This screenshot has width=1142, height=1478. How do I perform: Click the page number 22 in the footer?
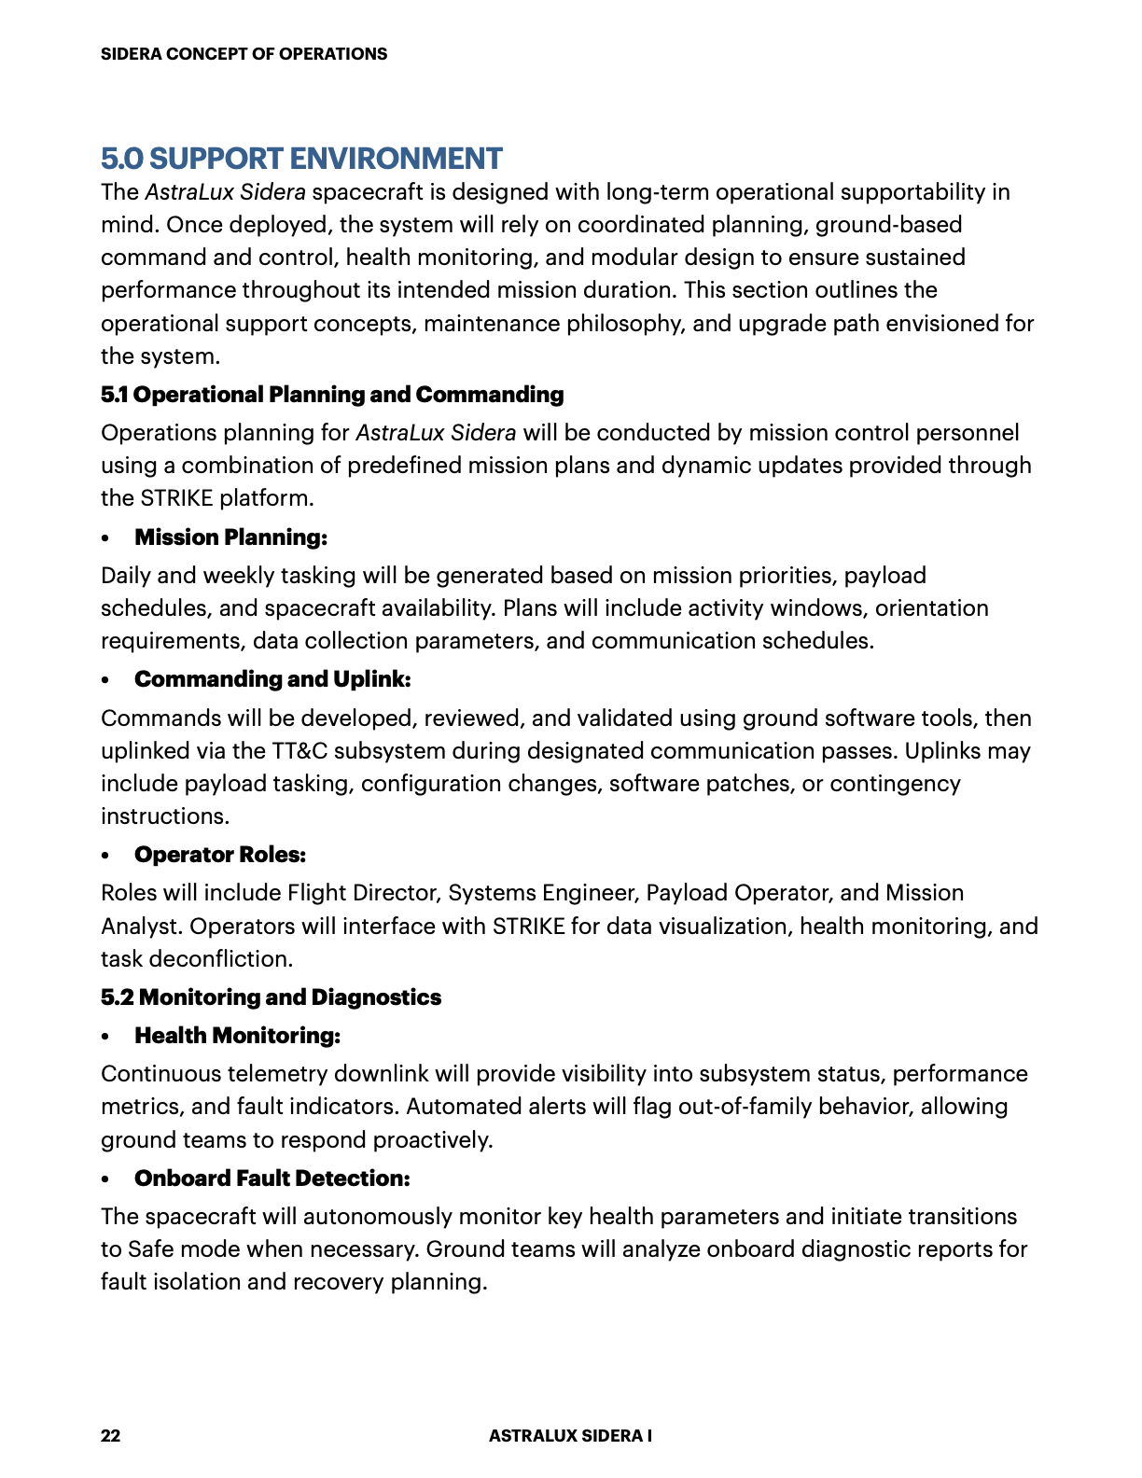[x=110, y=1435]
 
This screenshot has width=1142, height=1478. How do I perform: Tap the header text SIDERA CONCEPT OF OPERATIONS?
[x=244, y=54]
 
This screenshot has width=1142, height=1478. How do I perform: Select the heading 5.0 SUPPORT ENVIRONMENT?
[x=301, y=159]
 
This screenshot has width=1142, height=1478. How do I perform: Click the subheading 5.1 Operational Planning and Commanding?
[x=332, y=395]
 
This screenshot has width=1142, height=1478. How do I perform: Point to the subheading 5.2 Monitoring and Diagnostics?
[x=271, y=997]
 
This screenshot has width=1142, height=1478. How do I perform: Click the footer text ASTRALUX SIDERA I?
[x=570, y=1435]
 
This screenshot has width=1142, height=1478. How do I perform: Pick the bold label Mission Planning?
[x=230, y=537]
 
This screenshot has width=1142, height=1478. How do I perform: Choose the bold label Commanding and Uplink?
[x=272, y=679]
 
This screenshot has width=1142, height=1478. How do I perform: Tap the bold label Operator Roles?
[x=220, y=855]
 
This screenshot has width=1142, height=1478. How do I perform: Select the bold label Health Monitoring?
[x=237, y=1036]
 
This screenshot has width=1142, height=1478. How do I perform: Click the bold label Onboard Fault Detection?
[x=272, y=1178]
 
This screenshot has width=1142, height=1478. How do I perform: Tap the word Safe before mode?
[x=150, y=1249]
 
